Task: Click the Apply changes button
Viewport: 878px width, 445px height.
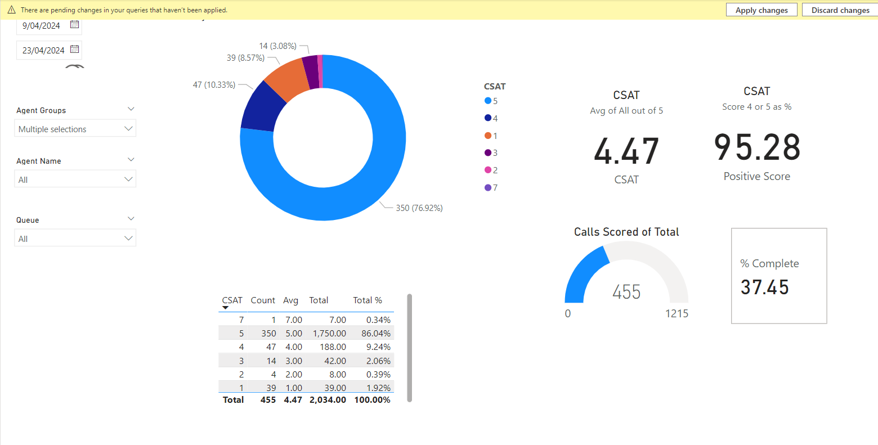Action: (761, 10)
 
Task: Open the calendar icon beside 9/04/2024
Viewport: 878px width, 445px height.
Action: (74, 25)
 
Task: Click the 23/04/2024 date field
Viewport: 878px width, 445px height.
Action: (43, 50)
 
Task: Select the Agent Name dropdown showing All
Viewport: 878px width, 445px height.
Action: (75, 179)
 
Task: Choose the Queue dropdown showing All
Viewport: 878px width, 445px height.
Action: (75, 239)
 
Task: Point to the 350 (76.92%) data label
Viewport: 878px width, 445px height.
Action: (419, 208)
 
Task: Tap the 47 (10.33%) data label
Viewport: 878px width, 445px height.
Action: (214, 85)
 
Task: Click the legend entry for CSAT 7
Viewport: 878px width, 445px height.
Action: (491, 187)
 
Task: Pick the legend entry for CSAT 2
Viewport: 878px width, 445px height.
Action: (491, 170)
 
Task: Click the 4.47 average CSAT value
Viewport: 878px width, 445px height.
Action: (626, 151)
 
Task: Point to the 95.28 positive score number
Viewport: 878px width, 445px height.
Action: (757, 147)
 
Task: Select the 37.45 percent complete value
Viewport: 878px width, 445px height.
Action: (765, 287)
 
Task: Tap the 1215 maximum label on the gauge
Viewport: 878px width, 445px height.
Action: (677, 313)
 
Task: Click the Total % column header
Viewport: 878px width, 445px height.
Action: (368, 300)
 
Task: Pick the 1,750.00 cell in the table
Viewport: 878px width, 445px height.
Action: (329, 334)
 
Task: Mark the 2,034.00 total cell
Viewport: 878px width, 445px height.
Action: (328, 400)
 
